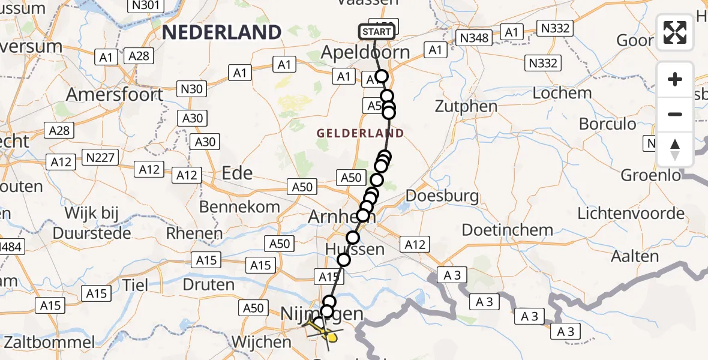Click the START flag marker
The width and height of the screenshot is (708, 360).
click(x=377, y=32)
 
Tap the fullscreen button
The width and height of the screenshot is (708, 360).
click(x=675, y=32)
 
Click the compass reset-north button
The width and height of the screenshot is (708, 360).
click(x=675, y=149)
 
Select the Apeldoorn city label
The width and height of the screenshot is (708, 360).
click(x=365, y=52)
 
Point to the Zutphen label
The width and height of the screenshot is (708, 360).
click(x=467, y=107)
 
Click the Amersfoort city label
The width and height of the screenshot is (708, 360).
click(x=115, y=95)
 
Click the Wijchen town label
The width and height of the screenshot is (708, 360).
click(x=261, y=342)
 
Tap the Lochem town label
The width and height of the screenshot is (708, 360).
click(x=562, y=93)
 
